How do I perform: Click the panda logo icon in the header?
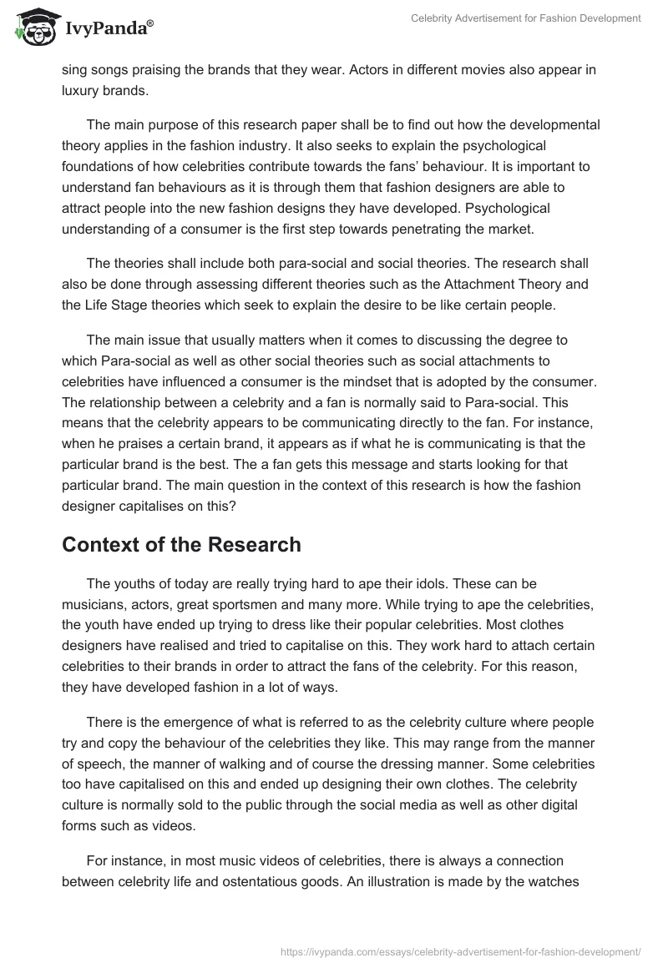(33, 27)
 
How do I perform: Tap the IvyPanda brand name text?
(109, 28)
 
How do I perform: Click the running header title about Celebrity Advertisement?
(526, 18)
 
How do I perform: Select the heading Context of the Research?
(181, 545)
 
